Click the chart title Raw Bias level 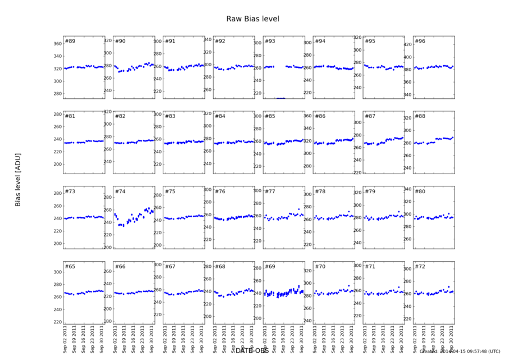(252, 19)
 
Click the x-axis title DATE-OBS (252, 350)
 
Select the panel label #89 (70, 42)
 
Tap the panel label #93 (270, 42)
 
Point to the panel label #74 (120, 192)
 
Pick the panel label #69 (270, 266)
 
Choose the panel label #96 (420, 42)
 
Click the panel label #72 (420, 266)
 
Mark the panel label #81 (70, 116)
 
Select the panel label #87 (370, 116)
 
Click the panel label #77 (270, 192)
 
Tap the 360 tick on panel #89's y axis (57, 44)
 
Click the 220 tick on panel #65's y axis (57, 322)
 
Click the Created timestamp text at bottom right (460, 352)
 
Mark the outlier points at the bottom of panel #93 (281, 98)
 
